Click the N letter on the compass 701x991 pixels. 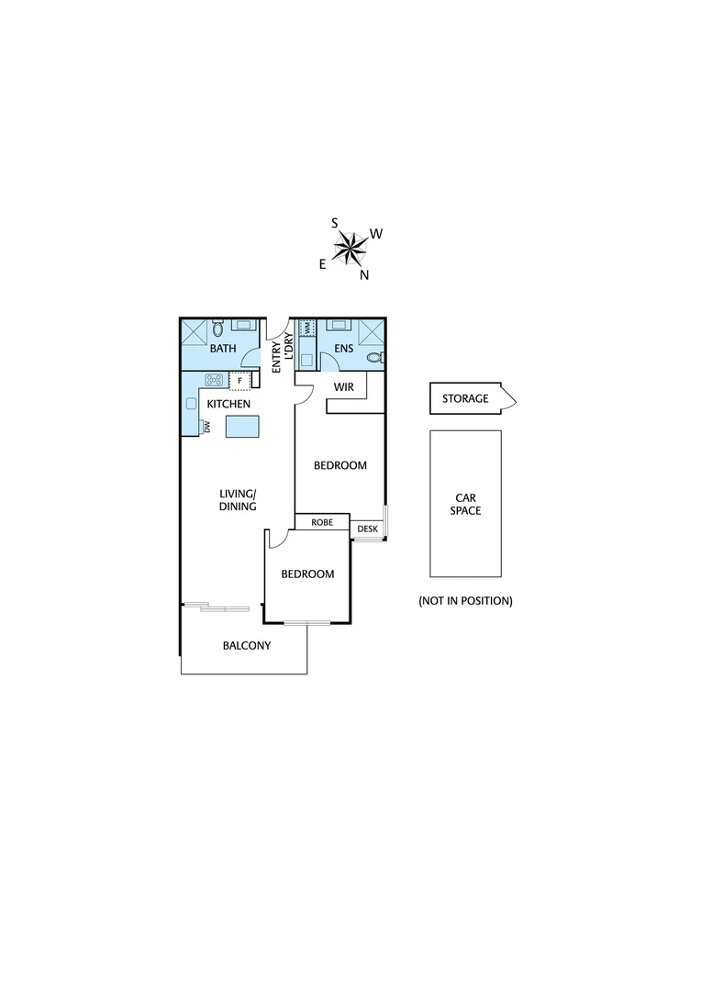pyautogui.click(x=364, y=274)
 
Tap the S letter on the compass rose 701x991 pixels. pyautogui.click(x=335, y=222)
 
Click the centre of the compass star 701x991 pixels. pyautogui.click(x=350, y=247)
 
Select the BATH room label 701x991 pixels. pyautogui.click(x=223, y=350)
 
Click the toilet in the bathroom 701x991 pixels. pyautogui.click(x=217, y=328)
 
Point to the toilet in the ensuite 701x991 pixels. pyautogui.click(x=373, y=358)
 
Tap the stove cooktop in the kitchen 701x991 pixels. pyautogui.click(x=215, y=380)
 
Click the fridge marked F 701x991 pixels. pyautogui.click(x=240, y=380)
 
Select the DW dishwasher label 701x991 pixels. pyautogui.click(x=206, y=426)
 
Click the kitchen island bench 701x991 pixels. pyautogui.click(x=243, y=426)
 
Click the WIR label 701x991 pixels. pyautogui.click(x=343, y=387)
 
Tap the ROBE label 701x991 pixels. pyautogui.click(x=321, y=522)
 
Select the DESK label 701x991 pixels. pyautogui.click(x=367, y=529)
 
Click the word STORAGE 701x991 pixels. pyautogui.click(x=465, y=399)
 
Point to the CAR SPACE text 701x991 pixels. pyautogui.click(x=465, y=504)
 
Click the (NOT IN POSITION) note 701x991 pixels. pyautogui.click(x=465, y=601)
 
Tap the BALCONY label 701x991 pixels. pyautogui.click(x=247, y=645)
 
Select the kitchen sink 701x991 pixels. pyautogui.click(x=190, y=404)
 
